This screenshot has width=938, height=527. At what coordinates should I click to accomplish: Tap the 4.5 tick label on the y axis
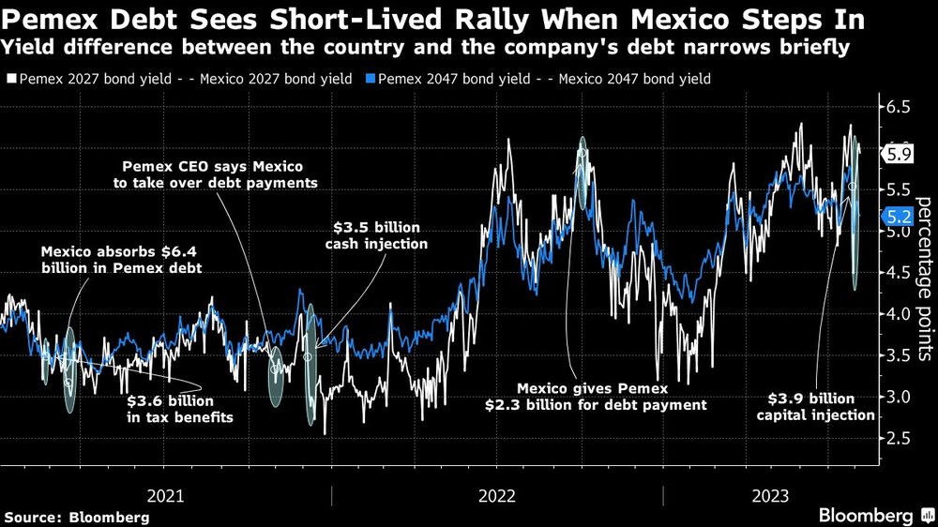tap(897, 273)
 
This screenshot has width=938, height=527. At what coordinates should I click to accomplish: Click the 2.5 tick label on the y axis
tap(897, 439)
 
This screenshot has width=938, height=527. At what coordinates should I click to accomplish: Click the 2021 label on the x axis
tap(166, 494)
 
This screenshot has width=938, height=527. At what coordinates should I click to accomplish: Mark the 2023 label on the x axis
tap(770, 494)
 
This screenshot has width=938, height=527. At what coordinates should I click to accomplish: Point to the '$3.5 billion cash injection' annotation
tap(380, 235)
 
